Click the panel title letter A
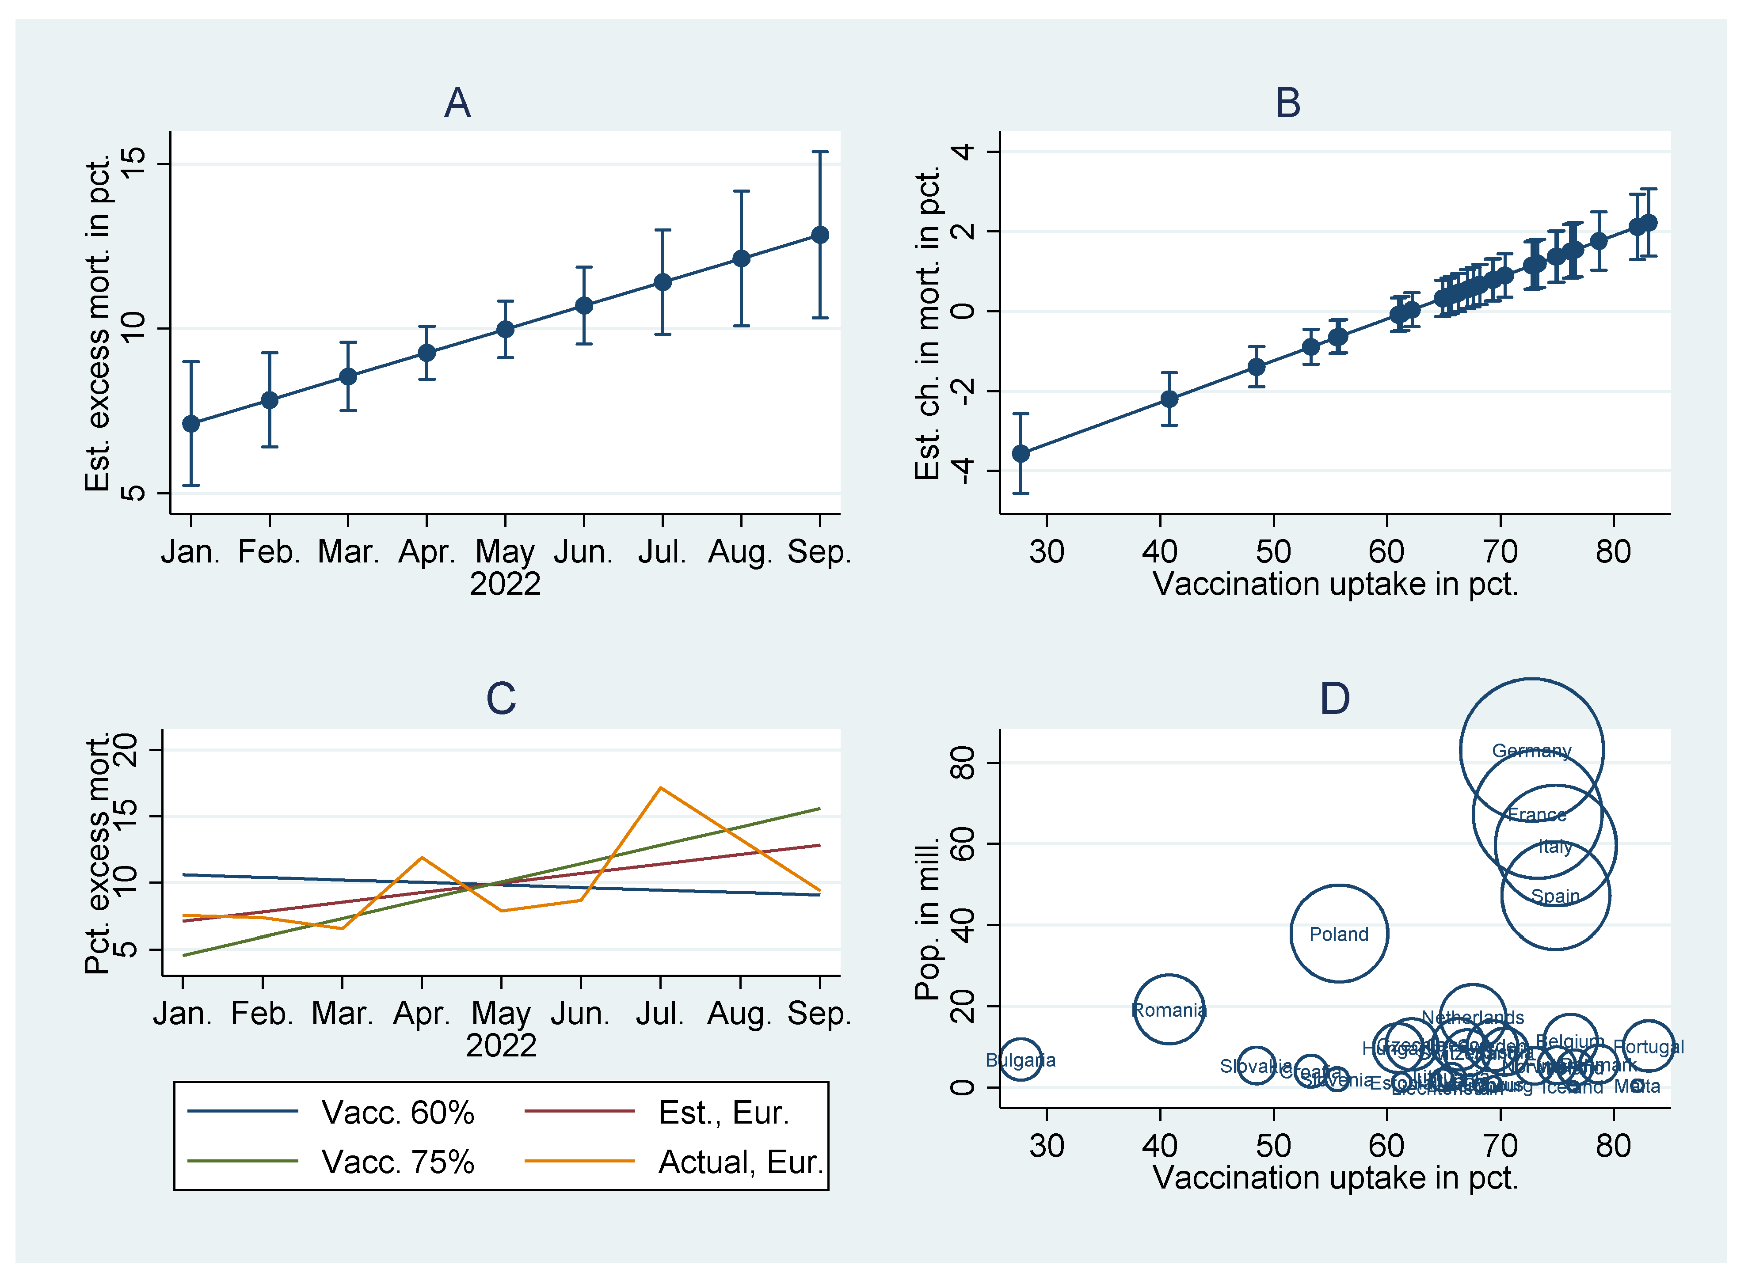coord(457,103)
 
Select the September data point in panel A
coord(820,235)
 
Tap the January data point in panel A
coord(190,424)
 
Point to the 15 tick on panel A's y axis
coord(134,164)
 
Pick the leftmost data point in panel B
coord(1021,453)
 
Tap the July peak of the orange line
coord(660,788)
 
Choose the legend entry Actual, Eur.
coord(740,1162)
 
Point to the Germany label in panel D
coord(1532,751)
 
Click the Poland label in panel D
coord(1339,934)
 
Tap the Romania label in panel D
coord(1169,1010)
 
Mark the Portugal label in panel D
coord(1649,1047)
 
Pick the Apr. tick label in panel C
coord(422,1014)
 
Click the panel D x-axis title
coord(1335,1178)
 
